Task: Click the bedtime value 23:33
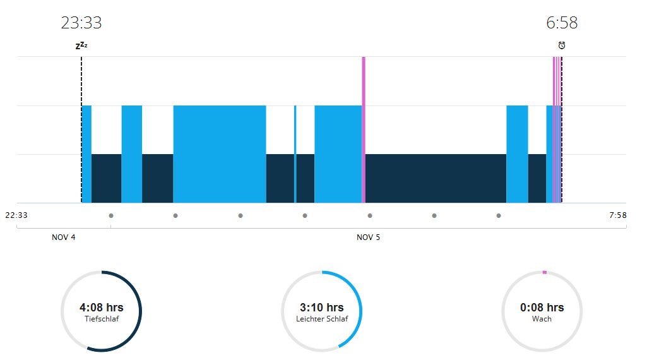[x=81, y=23]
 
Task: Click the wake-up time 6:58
[x=562, y=23]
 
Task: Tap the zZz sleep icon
[x=81, y=45]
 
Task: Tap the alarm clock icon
[x=562, y=45]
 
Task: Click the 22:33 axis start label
[x=16, y=215]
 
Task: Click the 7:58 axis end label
[x=618, y=215]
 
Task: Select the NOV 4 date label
[x=64, y=237]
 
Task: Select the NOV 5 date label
[x=369, y=237]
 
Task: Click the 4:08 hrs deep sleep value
[x=102, y=308]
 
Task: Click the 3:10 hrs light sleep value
[x=322, y=308]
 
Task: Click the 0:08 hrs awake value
[x=542, y=308]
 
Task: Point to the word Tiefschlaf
[x=102, y=319]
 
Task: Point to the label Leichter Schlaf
[x=322, y=319]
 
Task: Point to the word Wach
[x=542, y=319]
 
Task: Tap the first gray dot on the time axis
[x=111, y=216]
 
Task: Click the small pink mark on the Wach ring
[x=544, y=272]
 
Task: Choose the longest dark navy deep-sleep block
[x=436, y=178]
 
